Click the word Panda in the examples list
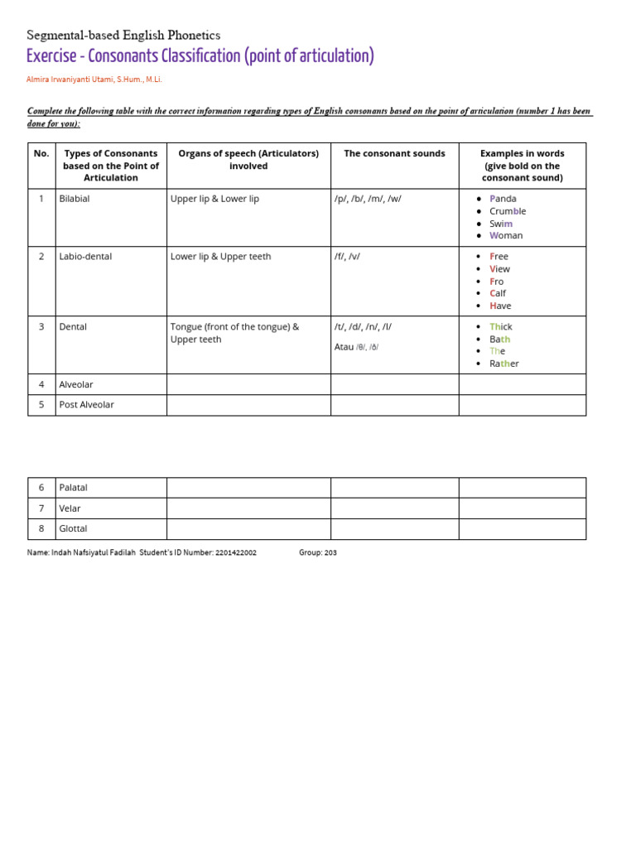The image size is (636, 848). (503, 199)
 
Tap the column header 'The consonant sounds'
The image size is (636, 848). (394, 153)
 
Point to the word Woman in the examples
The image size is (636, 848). (506, 235)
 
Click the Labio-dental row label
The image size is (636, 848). (85, 257)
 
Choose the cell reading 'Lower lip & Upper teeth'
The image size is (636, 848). (220, 257)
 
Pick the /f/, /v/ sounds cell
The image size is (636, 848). (347, 257)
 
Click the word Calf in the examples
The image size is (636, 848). (498, 293)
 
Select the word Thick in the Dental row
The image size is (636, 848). (501, 327)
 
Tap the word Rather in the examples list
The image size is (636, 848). (503, 364)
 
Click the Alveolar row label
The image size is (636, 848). (76, 384)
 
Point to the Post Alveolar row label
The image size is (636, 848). (87, 405)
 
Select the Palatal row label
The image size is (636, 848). (74, 488)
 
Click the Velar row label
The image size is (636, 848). (70, 508)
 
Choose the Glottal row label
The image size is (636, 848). (73, 528)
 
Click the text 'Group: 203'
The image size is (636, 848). (318, 552)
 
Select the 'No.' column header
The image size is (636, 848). (41, 153)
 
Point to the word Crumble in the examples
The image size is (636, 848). (508, 211)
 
